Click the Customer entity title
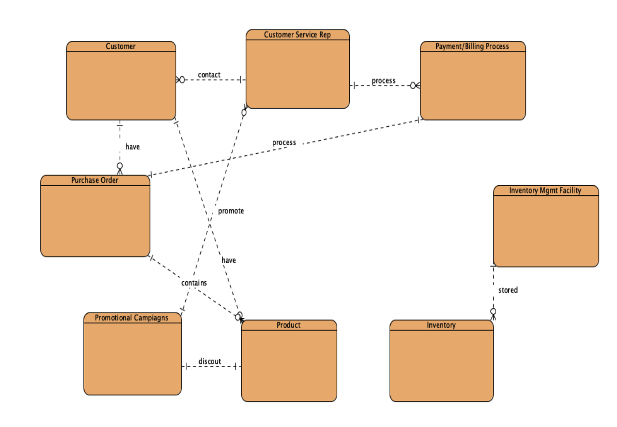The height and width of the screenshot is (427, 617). tap(121, 46)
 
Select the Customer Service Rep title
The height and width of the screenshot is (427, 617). tap(297, 35)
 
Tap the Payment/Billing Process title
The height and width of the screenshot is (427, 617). tap(472, 46)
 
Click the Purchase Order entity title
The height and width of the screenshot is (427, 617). tap(95, 180)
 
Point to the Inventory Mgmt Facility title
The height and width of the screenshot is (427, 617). tap(545, 190)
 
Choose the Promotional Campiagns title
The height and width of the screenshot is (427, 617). tap(131, 318)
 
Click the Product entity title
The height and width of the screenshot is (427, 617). tap(289, 325)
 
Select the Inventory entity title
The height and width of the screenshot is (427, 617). tap(441, 325)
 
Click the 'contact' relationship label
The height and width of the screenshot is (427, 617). tap(209, 75)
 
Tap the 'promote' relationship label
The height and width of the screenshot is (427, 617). tap(231, 211)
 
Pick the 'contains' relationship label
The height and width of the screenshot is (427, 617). tap(194, 283)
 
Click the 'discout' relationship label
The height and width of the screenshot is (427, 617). tap(210, 362)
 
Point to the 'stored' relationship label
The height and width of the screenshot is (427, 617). tap(508, 290)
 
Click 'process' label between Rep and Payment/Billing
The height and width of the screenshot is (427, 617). tap(383, 81)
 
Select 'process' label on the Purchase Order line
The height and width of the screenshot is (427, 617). tap(284, 142)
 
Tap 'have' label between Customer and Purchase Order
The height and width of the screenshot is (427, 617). tap(132, 147)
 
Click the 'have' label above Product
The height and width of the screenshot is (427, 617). tap(229, 260)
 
